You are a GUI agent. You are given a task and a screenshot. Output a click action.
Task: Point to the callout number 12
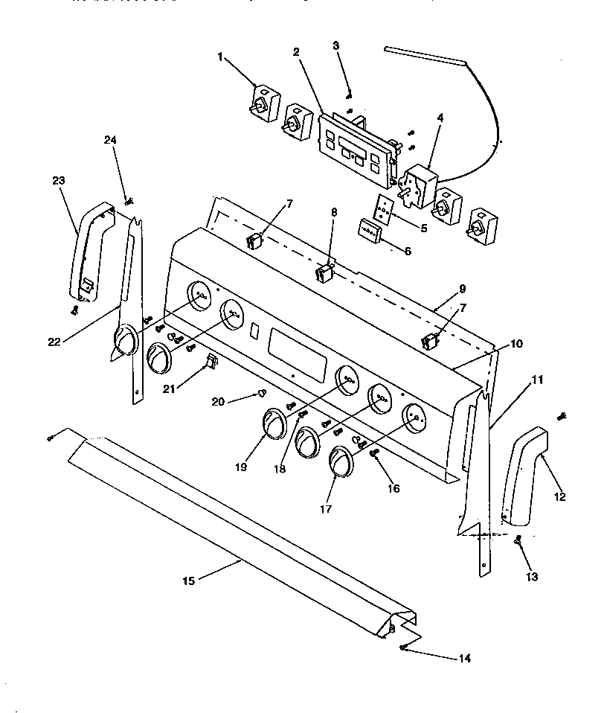pos(559,496)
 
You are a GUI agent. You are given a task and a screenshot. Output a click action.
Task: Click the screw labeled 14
pos(402,648)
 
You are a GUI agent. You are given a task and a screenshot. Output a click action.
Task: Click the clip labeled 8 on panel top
pos(325,272)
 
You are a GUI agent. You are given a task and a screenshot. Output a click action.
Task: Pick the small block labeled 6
pos(370,230)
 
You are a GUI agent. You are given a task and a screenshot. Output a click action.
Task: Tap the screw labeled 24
pos(129,199)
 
